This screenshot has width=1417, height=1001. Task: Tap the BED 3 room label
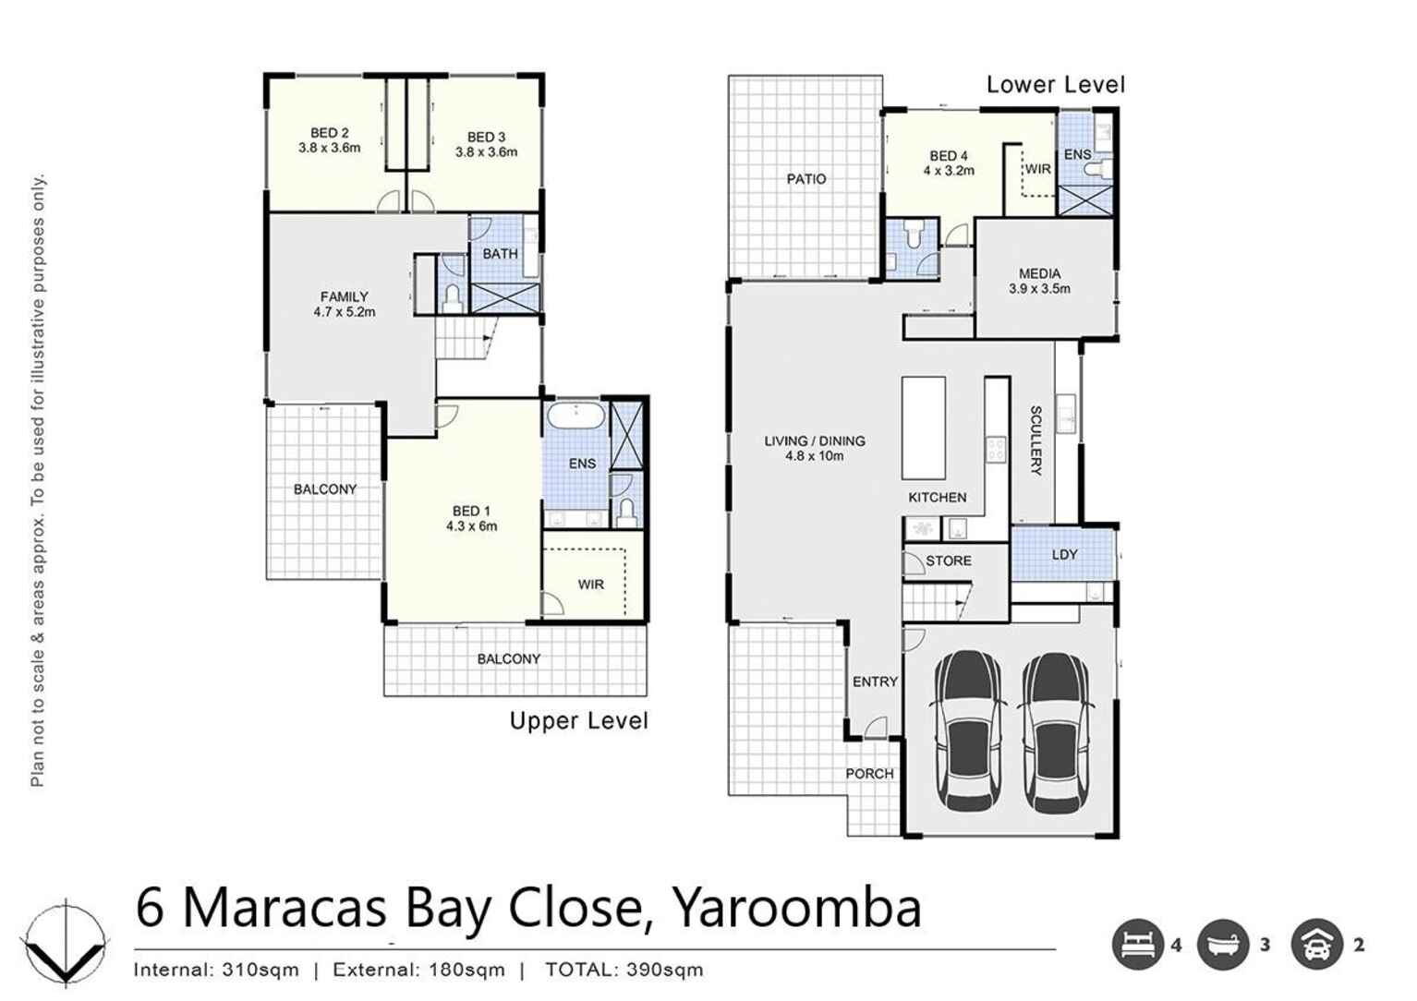click(x=486, y=145)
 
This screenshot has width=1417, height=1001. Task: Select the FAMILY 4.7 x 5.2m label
click(x=344, y=304)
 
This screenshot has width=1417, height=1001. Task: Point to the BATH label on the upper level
click(x=500, y=254)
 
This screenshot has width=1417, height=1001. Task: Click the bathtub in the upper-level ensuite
click(x=575, y=416)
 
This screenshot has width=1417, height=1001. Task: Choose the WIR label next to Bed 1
click(x=590, y=585)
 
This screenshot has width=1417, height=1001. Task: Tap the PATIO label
click(x=805, y=179)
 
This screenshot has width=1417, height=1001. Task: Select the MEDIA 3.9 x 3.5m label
click(x=1039, y=281)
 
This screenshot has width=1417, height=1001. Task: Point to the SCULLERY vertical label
click(x=1035, y=440)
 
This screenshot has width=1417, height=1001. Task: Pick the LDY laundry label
click(x=1064, y=555)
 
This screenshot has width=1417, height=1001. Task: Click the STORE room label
click(x=948, y=561)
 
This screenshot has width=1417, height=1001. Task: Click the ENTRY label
click(x=874, y=681)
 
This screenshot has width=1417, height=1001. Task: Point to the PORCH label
click(x=869, y=774)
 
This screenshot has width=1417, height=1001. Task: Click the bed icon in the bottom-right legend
click(x=1136, y=945)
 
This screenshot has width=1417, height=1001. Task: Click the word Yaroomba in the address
click(x=795, y=908)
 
